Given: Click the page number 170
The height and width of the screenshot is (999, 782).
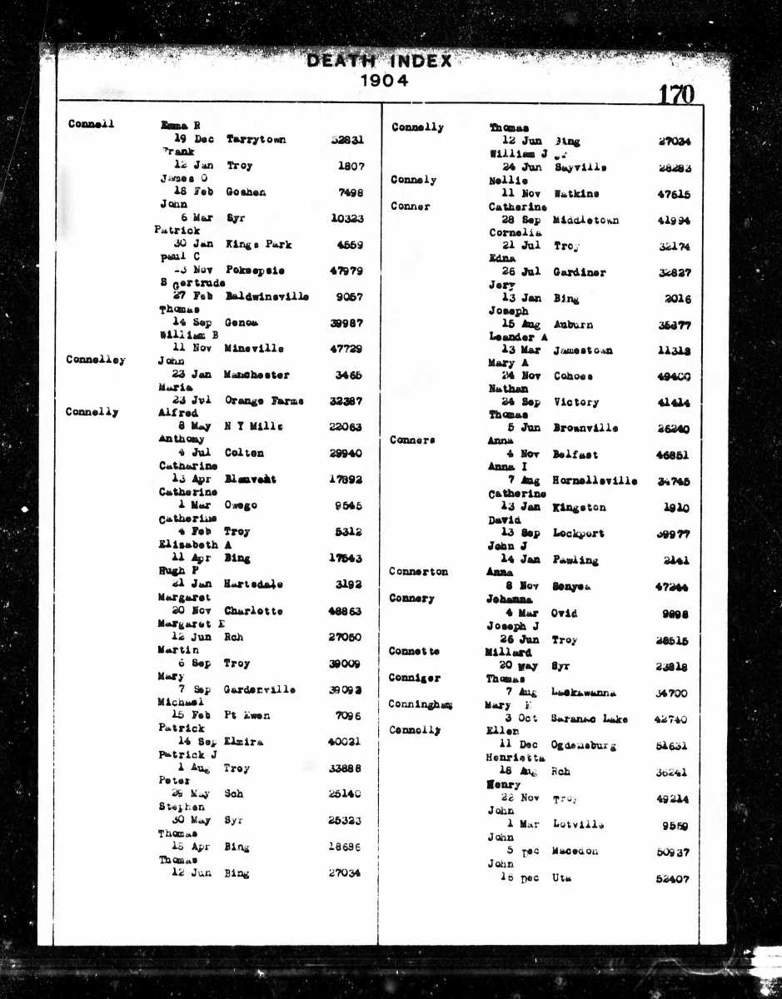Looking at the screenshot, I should click(675, 95).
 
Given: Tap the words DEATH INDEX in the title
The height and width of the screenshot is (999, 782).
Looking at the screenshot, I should click(379, 61).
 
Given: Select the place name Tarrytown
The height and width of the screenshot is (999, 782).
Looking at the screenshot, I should click(256, 140).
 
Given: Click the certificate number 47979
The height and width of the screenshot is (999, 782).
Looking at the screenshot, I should click(347, 271).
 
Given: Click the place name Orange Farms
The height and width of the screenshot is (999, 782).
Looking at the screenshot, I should click(264, 401).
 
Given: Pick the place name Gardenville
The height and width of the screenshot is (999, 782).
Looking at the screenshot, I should click(261, 690).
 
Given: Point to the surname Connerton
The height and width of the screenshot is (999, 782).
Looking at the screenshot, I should click(418, 572).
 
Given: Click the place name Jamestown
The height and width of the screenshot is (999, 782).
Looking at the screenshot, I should click(582, 350).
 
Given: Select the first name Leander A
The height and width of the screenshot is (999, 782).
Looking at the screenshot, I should click(518, 337).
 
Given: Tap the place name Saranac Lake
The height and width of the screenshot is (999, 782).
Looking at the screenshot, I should click(590, 719).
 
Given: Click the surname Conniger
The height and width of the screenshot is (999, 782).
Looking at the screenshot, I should click(414, 678).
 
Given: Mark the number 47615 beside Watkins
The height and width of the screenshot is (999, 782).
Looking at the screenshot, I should click(673, 194).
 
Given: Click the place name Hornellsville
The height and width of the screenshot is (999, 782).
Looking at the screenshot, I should click(595, 481).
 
